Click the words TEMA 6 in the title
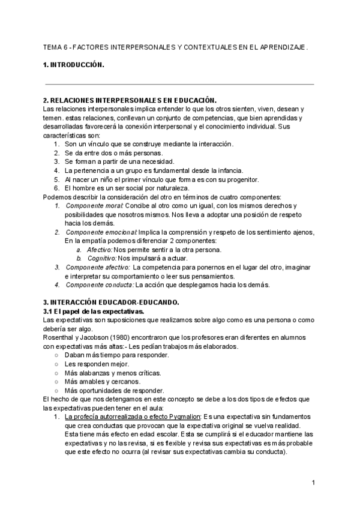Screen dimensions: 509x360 coord(56,46)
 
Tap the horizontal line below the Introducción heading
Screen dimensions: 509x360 coord(179,84)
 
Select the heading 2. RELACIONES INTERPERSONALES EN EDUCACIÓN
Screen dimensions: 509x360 coord(130,100)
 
